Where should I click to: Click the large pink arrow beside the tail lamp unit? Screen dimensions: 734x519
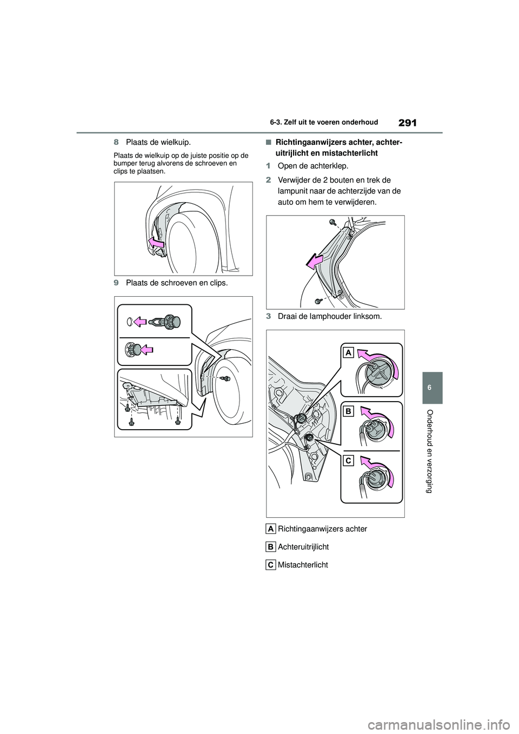click(x=317, y=262)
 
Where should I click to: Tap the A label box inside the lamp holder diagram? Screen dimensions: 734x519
click(x=348, y=353)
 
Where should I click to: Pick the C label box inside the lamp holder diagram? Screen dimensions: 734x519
click(x=348, y=461)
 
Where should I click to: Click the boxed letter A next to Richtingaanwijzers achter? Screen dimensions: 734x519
click(x=271, y=529)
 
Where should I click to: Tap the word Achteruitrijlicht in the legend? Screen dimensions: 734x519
click(x=303, y=547)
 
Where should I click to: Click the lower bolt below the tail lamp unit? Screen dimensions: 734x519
click(x=318, y=299)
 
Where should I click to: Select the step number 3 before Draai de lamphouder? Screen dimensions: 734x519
click(x=268, y=316)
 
